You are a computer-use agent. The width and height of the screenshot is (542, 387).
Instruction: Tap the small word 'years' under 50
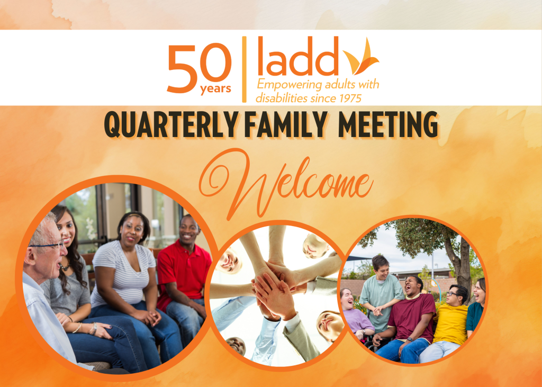215,89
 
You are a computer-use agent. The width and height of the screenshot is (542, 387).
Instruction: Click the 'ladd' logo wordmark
298,56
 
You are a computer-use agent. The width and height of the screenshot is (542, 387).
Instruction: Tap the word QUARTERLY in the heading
171,124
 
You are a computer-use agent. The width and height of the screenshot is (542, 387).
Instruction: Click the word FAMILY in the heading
286,124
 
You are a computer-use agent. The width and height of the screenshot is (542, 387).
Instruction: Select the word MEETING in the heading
388,124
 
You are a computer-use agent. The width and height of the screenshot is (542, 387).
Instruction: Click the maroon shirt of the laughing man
411,317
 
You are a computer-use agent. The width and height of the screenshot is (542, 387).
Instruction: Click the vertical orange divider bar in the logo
245,69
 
